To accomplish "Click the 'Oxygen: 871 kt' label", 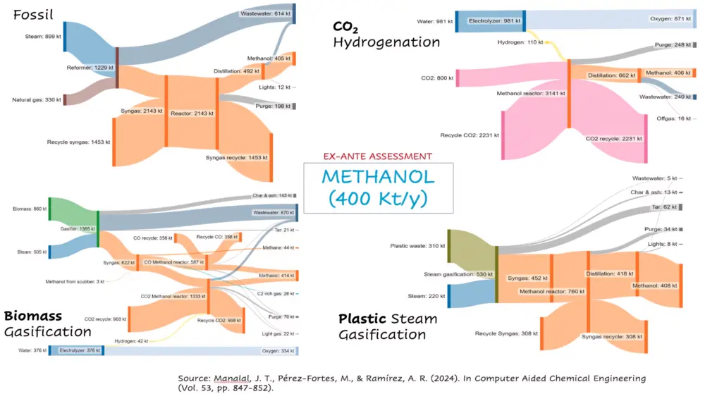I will [668, 21].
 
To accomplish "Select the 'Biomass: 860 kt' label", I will [30, 209].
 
